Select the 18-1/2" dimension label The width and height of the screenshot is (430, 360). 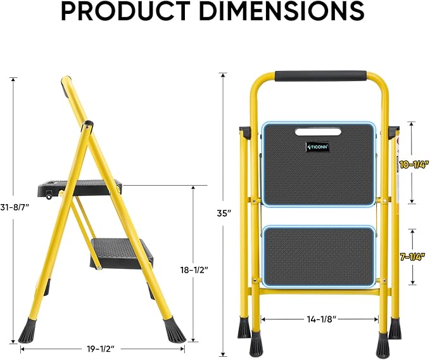coord(194,269)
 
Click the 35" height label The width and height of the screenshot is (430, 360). coord(224,214)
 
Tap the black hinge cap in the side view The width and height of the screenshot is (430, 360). coord(88,125)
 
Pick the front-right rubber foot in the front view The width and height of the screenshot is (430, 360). coord(383,344)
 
